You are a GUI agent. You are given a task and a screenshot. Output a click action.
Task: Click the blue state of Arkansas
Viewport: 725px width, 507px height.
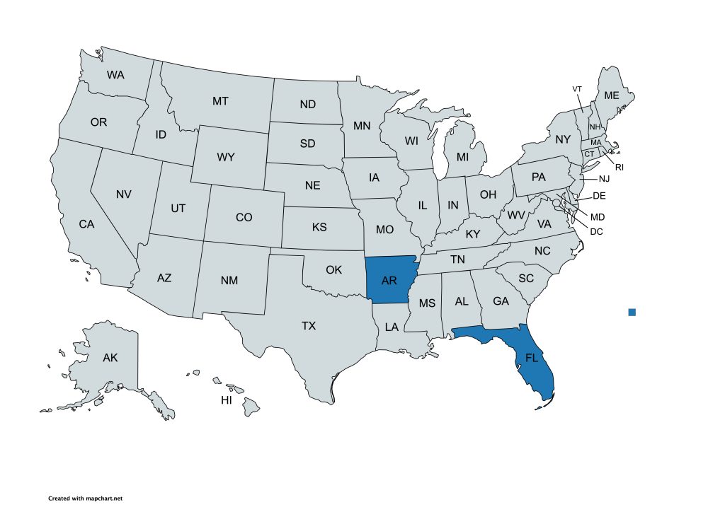pos(389,281)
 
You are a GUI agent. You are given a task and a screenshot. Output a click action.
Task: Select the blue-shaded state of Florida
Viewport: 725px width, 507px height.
pos(532,358)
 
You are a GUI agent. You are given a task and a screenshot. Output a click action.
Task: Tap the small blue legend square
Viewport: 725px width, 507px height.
pos(632,312)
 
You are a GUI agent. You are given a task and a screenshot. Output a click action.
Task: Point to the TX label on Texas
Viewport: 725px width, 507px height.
pos(309,326)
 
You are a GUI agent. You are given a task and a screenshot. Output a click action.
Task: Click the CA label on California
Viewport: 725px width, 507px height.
pos(86,224)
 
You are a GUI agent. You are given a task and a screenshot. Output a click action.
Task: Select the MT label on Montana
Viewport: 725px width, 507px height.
pos(220,101)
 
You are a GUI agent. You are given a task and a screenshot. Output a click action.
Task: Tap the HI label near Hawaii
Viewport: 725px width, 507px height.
pos(227,400)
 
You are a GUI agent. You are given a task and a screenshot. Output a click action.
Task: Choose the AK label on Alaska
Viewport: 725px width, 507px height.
pos(110,358)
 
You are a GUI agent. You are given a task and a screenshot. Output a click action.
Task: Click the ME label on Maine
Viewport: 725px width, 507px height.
pos(611,95)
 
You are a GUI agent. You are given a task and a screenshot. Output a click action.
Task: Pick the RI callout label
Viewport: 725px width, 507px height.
pos(619,167)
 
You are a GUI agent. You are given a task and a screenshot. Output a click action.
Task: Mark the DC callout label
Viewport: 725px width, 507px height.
pos(596,231)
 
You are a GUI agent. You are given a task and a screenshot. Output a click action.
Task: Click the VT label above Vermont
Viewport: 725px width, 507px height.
pos(577,88)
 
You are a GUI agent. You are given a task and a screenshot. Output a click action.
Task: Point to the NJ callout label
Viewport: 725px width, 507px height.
pos(604,179)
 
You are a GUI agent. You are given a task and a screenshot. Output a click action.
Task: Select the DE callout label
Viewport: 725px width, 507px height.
pos(599,195)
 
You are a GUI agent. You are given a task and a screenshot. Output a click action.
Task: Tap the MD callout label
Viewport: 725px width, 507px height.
pos(598,216)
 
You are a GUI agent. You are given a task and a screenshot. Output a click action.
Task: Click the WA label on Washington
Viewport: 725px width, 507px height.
pos(116,74)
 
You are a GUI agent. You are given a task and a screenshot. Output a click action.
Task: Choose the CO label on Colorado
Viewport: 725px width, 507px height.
pos(244,217)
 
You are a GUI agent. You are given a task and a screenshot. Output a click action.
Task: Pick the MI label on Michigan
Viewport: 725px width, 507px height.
pos(462,156)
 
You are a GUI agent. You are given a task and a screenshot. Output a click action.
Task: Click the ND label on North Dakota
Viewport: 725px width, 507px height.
pos(307,105)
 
